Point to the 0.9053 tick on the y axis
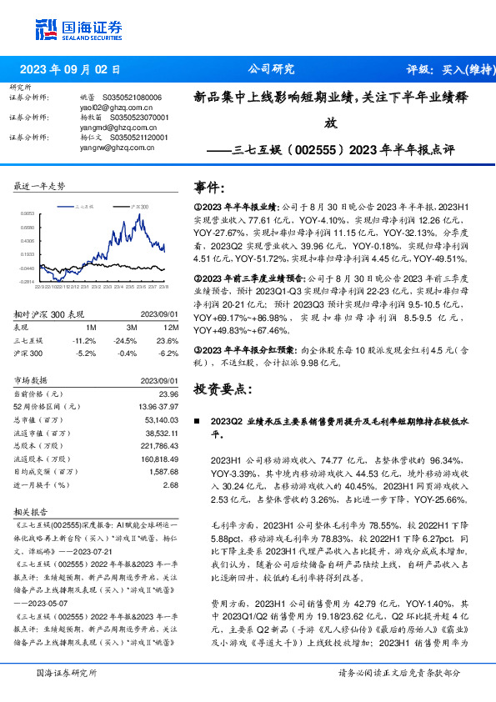(x=28, y=213)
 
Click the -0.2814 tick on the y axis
(x=28, y=282)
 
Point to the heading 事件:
(x=209, y=187)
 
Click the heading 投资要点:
(x=221, y=389)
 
